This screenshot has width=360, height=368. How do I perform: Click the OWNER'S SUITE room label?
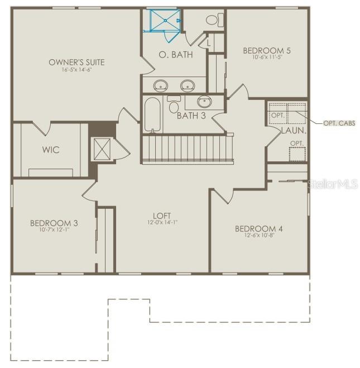(x=76, y=62)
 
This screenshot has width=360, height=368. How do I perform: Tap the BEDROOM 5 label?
(x=267, y=51)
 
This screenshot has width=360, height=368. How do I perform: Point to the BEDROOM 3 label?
(x=54, y=223)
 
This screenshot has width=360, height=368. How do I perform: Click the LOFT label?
(x=162, y=216)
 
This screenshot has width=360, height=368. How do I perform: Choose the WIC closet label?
(x=51, y=150)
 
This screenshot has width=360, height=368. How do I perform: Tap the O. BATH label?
(x=176, y=55)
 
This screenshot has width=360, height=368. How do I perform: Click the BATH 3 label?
(x=191, y=116)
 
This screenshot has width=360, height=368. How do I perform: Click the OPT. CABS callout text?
(x=339, y=123)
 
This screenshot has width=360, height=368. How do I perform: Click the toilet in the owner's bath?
(x=212, y=20)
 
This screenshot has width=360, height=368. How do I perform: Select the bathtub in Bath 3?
(x=152, y=114)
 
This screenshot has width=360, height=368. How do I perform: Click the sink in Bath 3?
(x=205, y=102)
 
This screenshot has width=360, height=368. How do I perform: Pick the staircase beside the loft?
(x=187, y=149)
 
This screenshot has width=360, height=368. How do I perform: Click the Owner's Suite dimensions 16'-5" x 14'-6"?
(x=76, y=69)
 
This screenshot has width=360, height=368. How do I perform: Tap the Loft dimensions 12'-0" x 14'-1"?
(x=162, y=222)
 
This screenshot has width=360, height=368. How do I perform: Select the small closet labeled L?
(x=208, y=42)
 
